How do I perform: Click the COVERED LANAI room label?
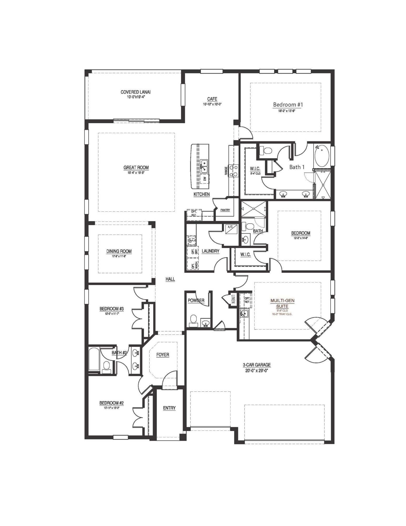click(135, 92)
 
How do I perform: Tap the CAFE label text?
click(212, 99)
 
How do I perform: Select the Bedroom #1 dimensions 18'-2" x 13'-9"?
click(288, 111)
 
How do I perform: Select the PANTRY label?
click(225, 210)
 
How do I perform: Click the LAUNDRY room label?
click(210, 251)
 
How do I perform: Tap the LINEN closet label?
click(233, 299)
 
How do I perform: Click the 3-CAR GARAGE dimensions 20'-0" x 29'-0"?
click(256, 370)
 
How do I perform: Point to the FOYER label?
click(163, 355)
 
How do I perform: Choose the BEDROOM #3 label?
click(111, 308)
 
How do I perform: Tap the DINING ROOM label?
click(119, 251)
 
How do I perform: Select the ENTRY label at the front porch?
click(169, 408)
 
